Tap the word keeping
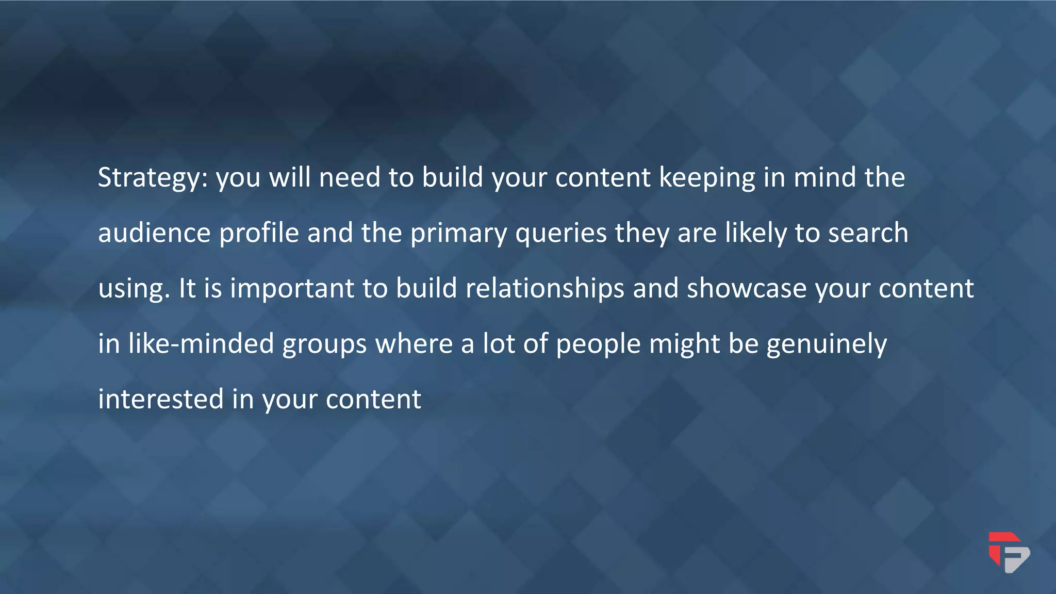tap(707, 178)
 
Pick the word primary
tap(458, 234)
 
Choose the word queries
tap(561, 234)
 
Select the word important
tap(292, 289)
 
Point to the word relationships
tap(545, 289)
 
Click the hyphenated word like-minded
tap(201, 343)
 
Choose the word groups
tap(324, 344)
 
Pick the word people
tap(598, 344)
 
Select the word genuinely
tap(827, 344)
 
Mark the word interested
tap(160, 399)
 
